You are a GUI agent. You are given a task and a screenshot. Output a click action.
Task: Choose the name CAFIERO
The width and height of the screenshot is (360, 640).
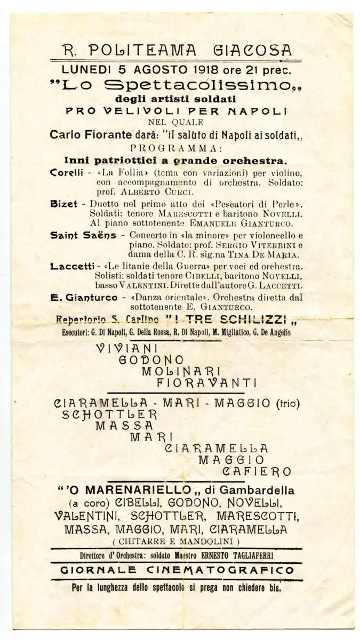[257, 471]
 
